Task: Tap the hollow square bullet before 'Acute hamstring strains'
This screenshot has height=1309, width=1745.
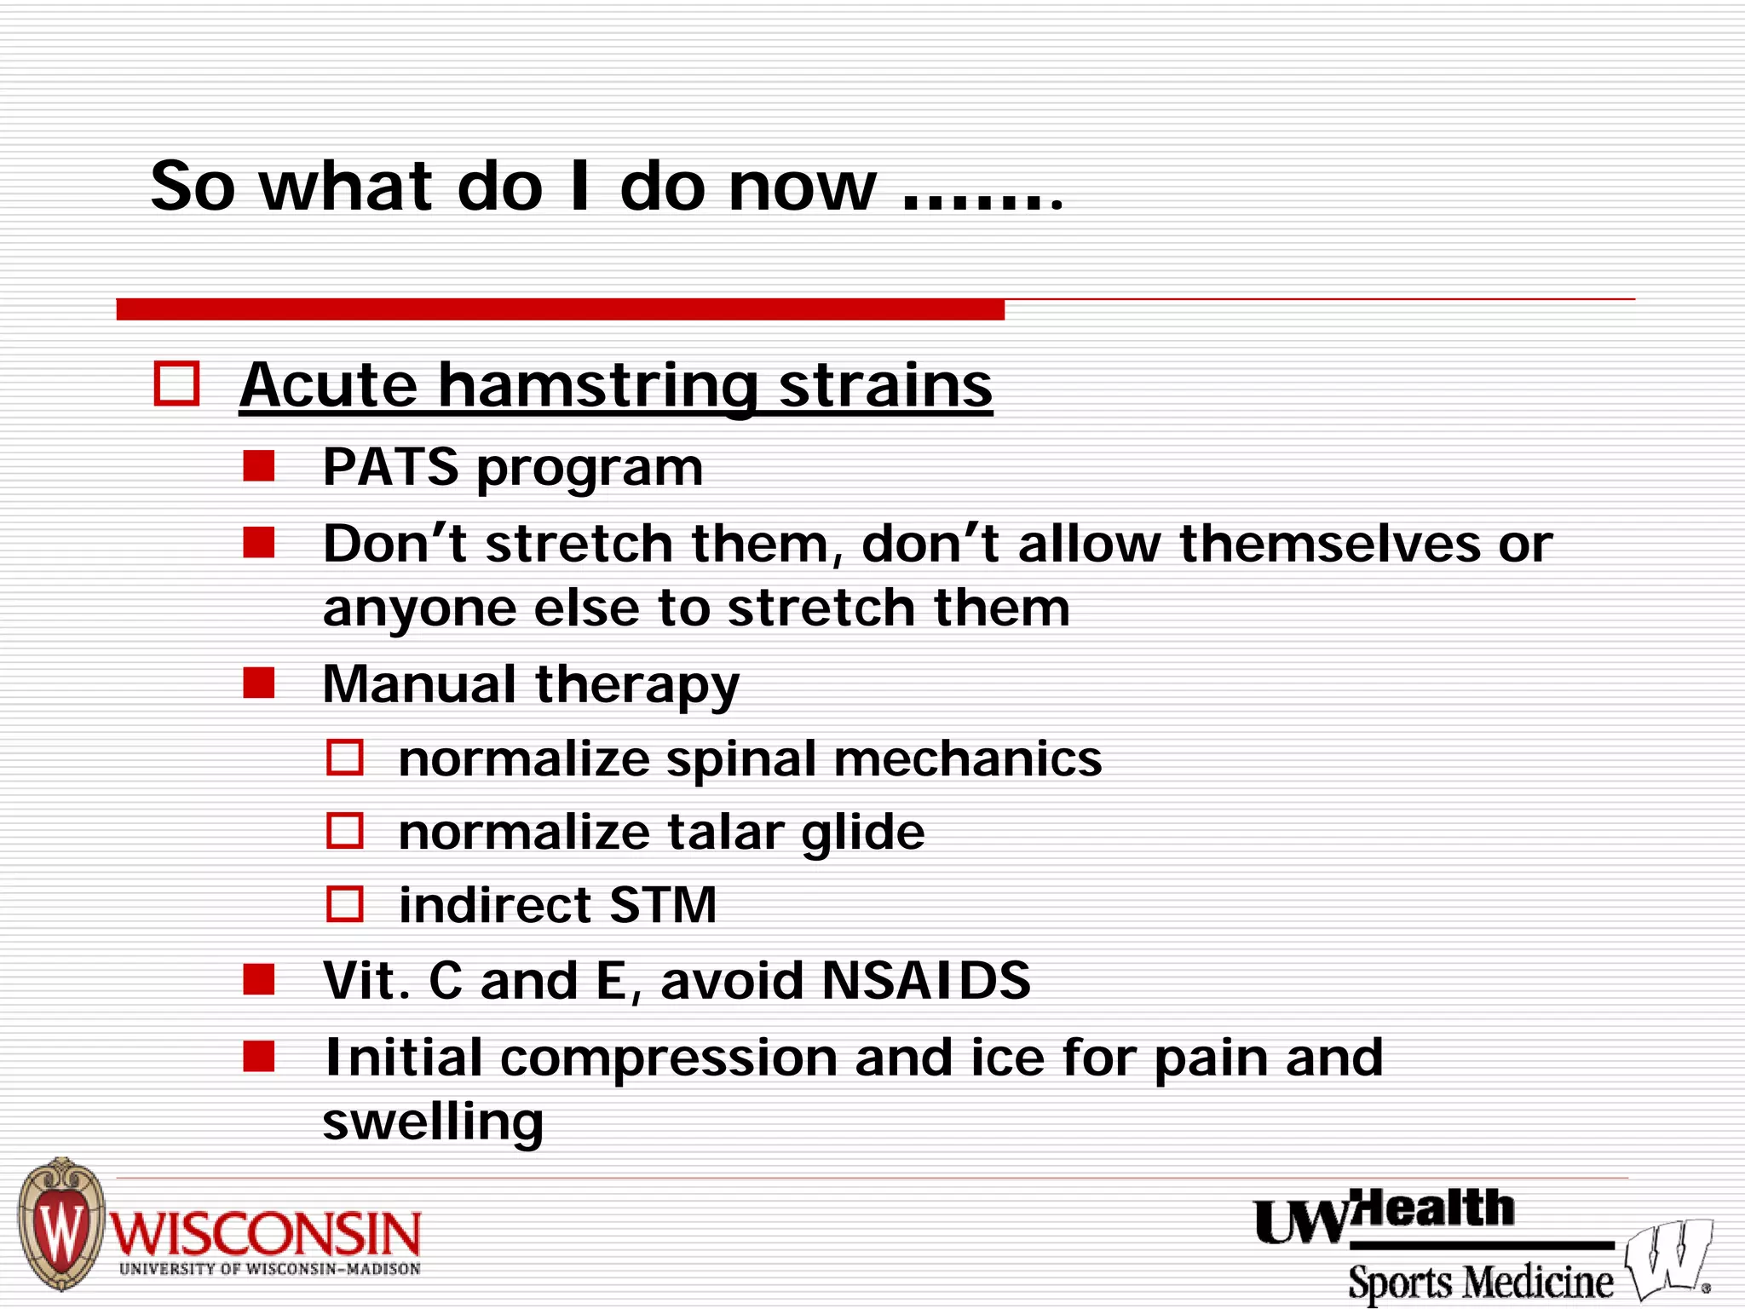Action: click(176, 383)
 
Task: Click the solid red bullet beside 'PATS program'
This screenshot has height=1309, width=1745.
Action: click(258, 466)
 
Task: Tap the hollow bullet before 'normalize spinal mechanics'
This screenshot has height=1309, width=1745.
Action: click(345, 758)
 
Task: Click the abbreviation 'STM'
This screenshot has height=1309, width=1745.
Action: click(663, 905)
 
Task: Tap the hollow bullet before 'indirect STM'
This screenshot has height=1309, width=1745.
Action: click(345, 904)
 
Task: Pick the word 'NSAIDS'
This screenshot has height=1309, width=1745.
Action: click(925, 980)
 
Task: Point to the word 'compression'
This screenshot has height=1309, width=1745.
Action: click(669, 1058)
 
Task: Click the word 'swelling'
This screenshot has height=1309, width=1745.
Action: click(433, 1122)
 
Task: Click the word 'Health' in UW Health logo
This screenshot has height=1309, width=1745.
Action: click(1436, 1208)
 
